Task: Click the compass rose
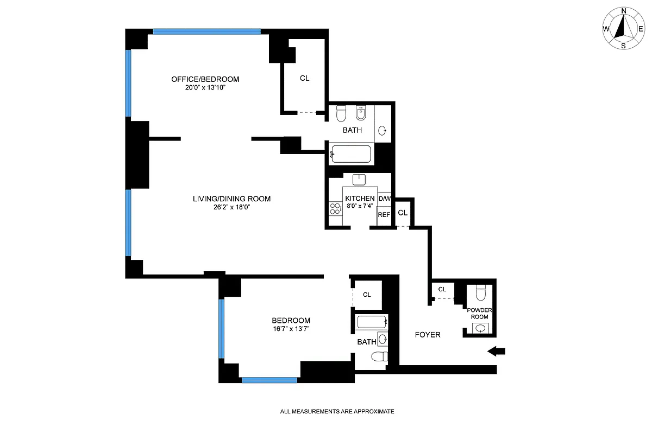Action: (x=624, y=28)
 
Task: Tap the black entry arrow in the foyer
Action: (x=496, y=352)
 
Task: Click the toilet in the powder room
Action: (x=480, y=293)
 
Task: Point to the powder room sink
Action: (x=480, y=328)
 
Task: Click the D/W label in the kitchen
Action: (x=384, y=199)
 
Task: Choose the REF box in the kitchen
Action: (x=384, y=215)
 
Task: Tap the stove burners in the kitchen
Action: (x=333, y=208)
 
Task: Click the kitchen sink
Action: (x=359, y=180)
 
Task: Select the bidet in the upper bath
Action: (x=359, y=114)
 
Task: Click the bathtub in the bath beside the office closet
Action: (x=350, y=154)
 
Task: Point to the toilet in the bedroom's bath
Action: (x=379, y=356)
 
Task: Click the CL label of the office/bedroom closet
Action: (x=304, y=78)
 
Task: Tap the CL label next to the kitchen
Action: (x=403, y=213)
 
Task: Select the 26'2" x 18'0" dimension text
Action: (x=231, y=207)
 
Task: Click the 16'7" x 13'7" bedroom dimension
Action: (x=291, y=328)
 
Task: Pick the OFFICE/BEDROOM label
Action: (x=205, y=79)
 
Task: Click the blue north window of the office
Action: (x=206, y=31)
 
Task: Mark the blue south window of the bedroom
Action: (x=269, y=380)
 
